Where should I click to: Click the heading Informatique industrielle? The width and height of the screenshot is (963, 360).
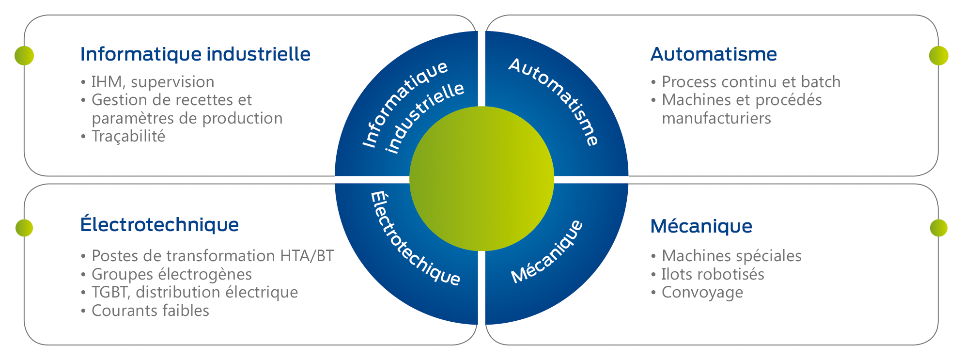[195, 54]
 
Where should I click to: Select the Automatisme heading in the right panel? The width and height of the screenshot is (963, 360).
[714, 54]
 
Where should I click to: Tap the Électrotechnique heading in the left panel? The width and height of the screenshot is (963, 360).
[159, 225]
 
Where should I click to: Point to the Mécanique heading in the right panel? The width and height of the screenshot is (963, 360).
[701, 226]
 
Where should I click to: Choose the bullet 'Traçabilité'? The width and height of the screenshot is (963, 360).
[128, 137]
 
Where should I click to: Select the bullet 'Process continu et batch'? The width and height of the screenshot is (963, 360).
[751, 82]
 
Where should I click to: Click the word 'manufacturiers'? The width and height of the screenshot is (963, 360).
[716, 119]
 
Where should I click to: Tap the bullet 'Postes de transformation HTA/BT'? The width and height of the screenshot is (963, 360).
[212, 256]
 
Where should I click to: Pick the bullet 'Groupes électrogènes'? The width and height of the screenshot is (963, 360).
[171, 274]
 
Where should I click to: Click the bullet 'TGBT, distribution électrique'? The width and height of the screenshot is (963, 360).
[194, 293]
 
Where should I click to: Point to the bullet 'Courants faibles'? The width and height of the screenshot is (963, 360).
[150, 311]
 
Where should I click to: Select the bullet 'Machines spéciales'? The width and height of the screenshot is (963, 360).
[731, 256]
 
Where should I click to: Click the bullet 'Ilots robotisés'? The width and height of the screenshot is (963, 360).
[713, 274]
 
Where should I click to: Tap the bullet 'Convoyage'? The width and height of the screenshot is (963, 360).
[702, 293]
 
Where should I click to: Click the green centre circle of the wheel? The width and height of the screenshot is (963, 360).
[481, 178]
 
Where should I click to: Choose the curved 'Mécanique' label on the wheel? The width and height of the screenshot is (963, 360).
[547, 252]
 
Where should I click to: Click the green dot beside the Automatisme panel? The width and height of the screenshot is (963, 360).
[938, 56]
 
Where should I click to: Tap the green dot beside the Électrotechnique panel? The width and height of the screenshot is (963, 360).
[24, 228]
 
